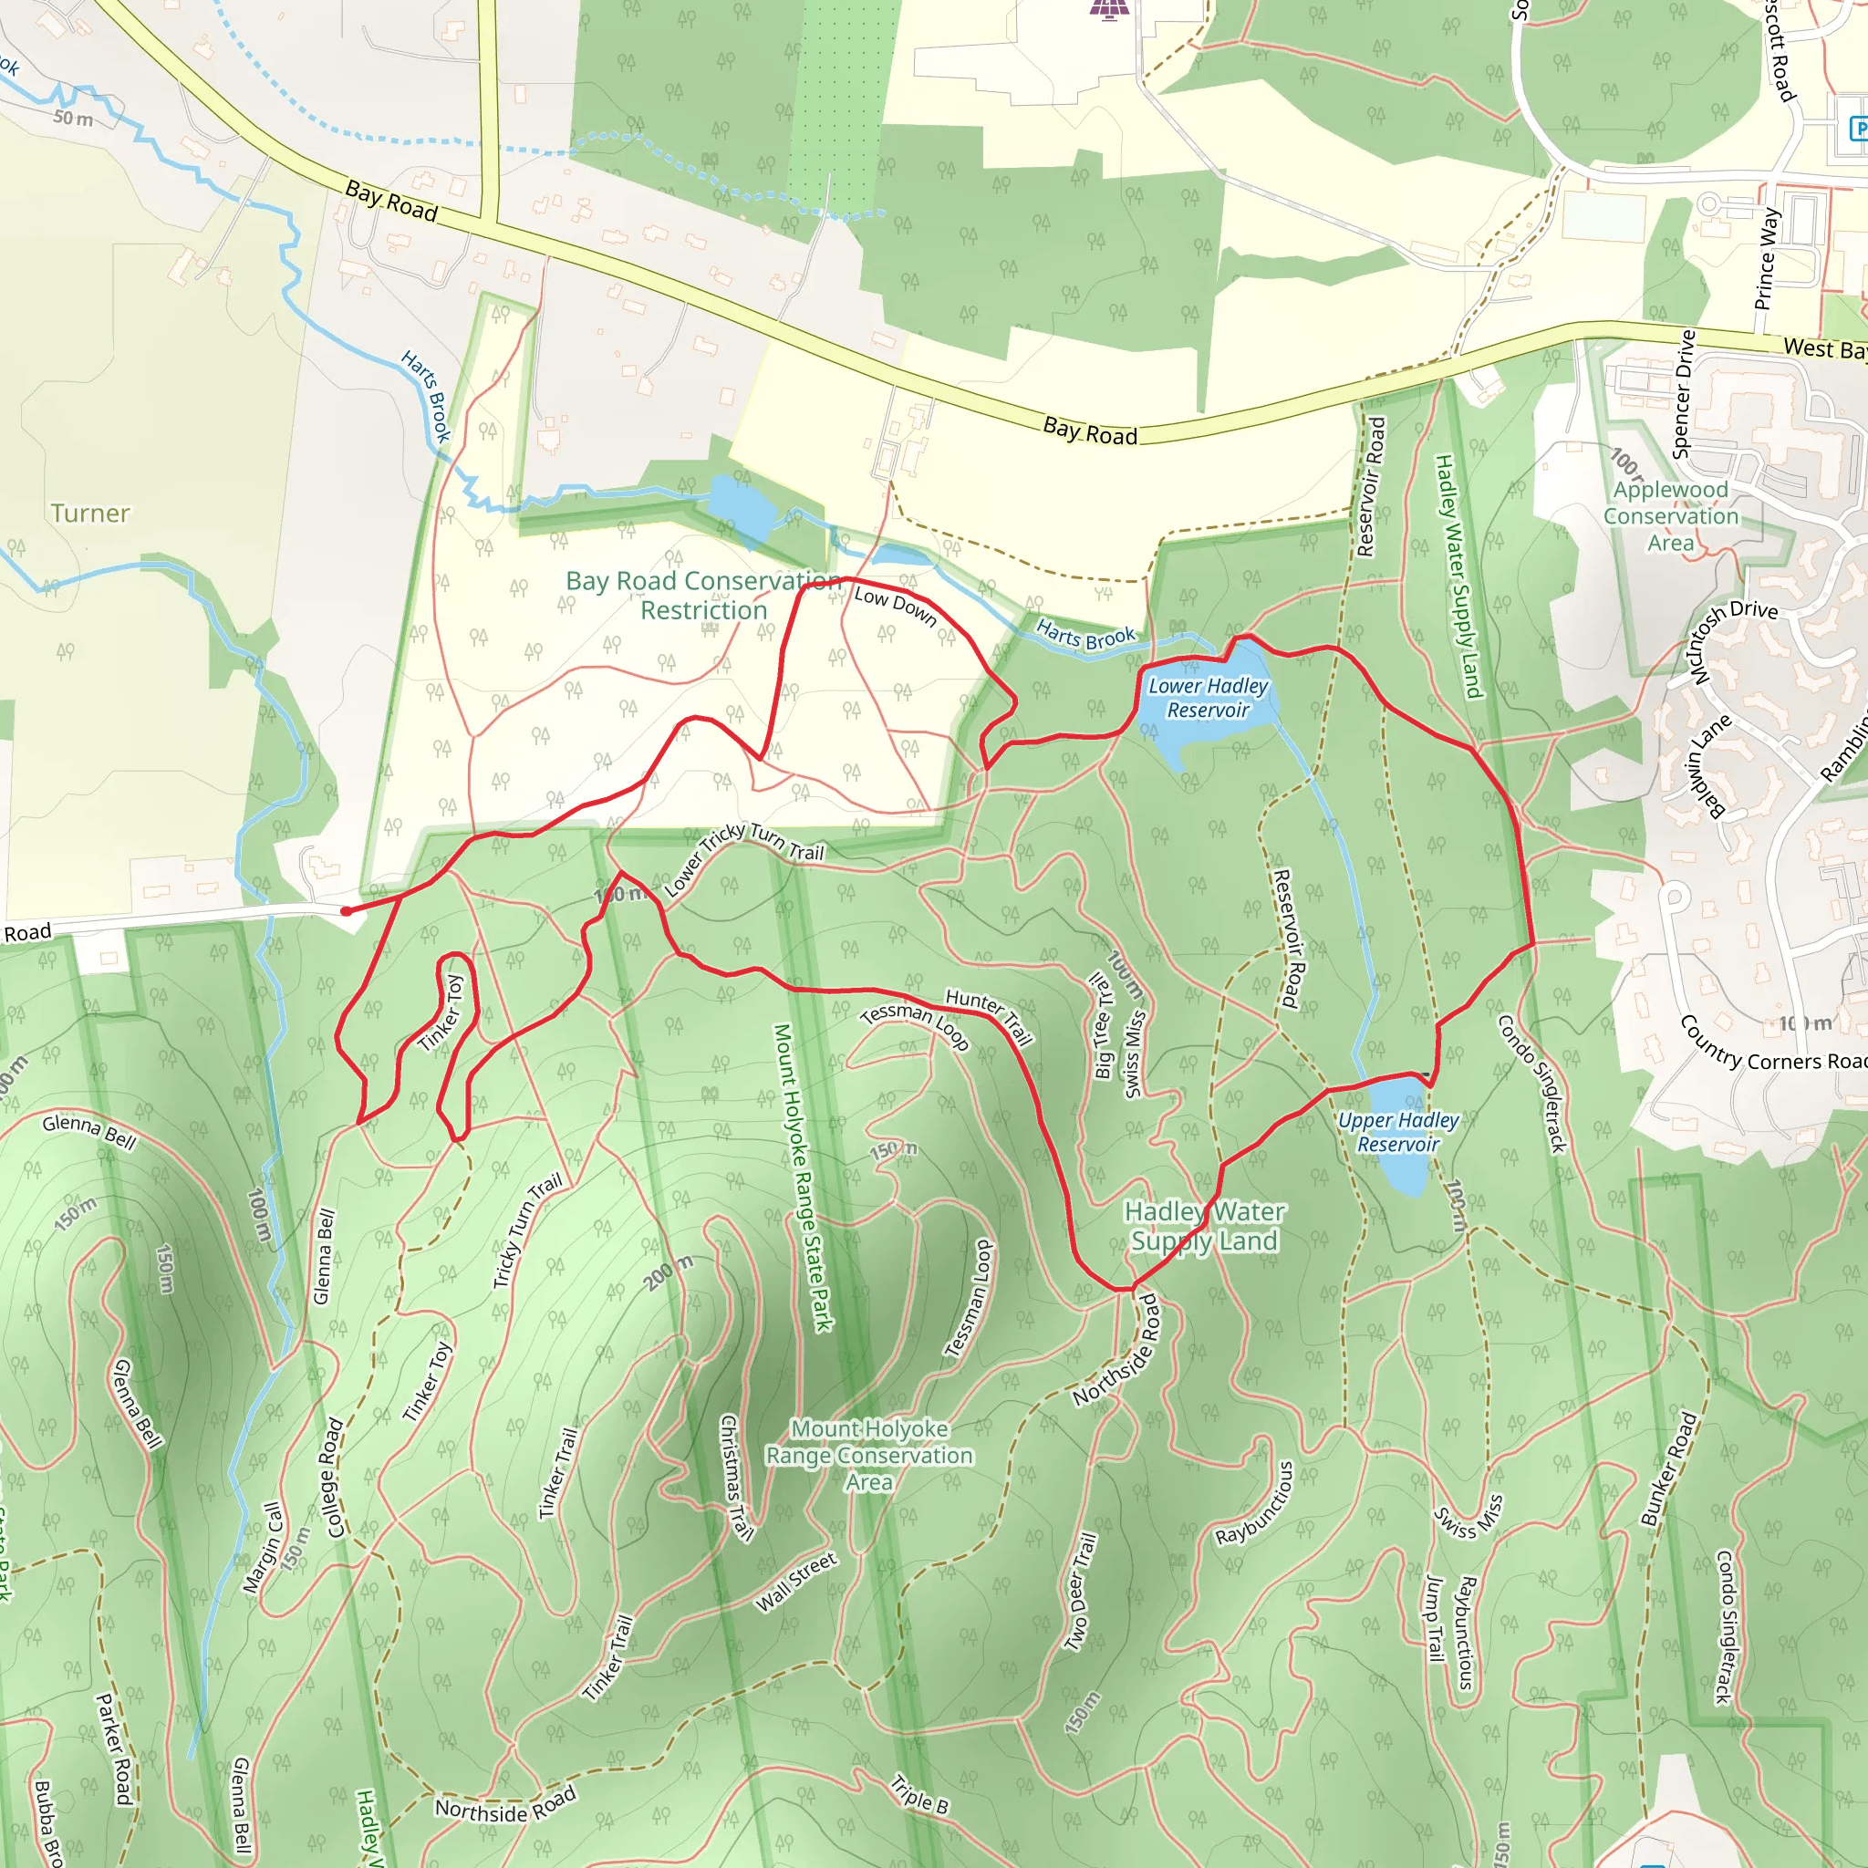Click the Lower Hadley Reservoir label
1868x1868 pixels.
1208,697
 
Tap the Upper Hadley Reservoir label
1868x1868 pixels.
1398,1132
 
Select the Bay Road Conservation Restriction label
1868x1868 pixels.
704,596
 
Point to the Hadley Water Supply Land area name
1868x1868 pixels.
1204,1226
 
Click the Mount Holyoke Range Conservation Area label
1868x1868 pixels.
869,1455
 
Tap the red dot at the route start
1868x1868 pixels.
346,911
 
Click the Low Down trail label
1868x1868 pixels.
896,606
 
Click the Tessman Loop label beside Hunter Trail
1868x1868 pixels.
914,1025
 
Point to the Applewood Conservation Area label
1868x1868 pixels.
1671,516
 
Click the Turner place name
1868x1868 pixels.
90,514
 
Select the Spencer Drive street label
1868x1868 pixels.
1685,393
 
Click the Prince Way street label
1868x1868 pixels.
1767,258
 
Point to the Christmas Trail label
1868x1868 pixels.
737,1477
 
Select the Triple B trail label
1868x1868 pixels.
919,1794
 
